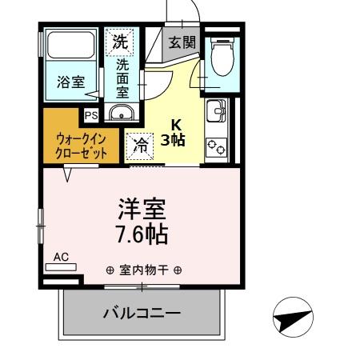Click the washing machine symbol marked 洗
[x=119, y=41]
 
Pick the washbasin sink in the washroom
[x=121, y=112]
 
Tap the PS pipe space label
[x=91, y=114]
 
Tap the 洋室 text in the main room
[x=143, y=210]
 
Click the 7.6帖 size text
[x=144, y=235]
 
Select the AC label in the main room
[x=62, y=257]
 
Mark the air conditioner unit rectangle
[x=61, y=267]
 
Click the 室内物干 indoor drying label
[x=144, y=270]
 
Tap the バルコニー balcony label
[x=142, y=312]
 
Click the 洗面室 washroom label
[x=122, y=76]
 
